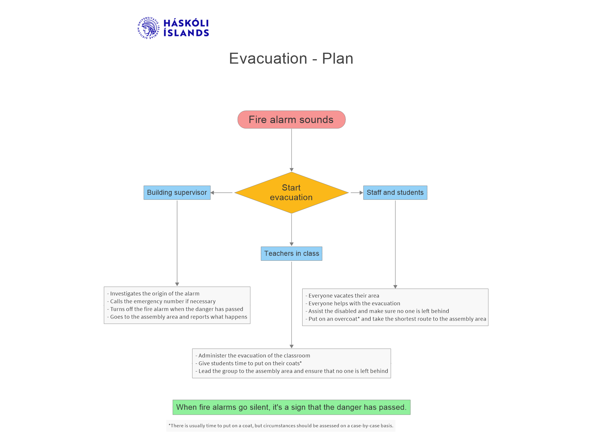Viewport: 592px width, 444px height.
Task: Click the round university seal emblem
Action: (x=149, y=28)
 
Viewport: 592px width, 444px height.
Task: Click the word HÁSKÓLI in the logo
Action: (x=186, y=23)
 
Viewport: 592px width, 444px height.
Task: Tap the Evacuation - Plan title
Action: (x=291, y=58)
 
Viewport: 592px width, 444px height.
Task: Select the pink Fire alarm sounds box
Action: (x=292, y=120)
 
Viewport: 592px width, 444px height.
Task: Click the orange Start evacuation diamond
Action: (x=292, y=193)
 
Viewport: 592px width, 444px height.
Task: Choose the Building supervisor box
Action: (x=177, y=193)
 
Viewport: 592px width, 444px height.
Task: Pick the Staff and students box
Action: (x=395, y=193)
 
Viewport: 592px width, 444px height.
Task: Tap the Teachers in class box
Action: (x=292, y=254)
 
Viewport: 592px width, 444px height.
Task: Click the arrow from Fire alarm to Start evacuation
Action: (x=292, y=150)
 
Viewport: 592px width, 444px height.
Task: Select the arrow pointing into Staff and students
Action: (x=357, y=193)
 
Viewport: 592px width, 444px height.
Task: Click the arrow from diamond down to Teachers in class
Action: (x=292, y=230)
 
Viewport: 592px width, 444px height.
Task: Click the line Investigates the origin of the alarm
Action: (x=153, y=294)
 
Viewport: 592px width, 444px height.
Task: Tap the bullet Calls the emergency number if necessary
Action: (x=161, y=301)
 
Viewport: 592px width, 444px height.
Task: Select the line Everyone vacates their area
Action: (x=342, y=296)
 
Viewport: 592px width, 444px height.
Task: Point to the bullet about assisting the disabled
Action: (x=377, y=311)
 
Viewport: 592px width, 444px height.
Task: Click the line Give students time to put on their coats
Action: (x=249, y=363)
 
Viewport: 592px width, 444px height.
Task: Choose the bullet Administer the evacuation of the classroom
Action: (x=253, y=356)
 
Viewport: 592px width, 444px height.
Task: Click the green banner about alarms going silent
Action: (x=292, y=407)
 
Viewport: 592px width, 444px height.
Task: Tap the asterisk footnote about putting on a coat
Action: (x=281, y=426)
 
